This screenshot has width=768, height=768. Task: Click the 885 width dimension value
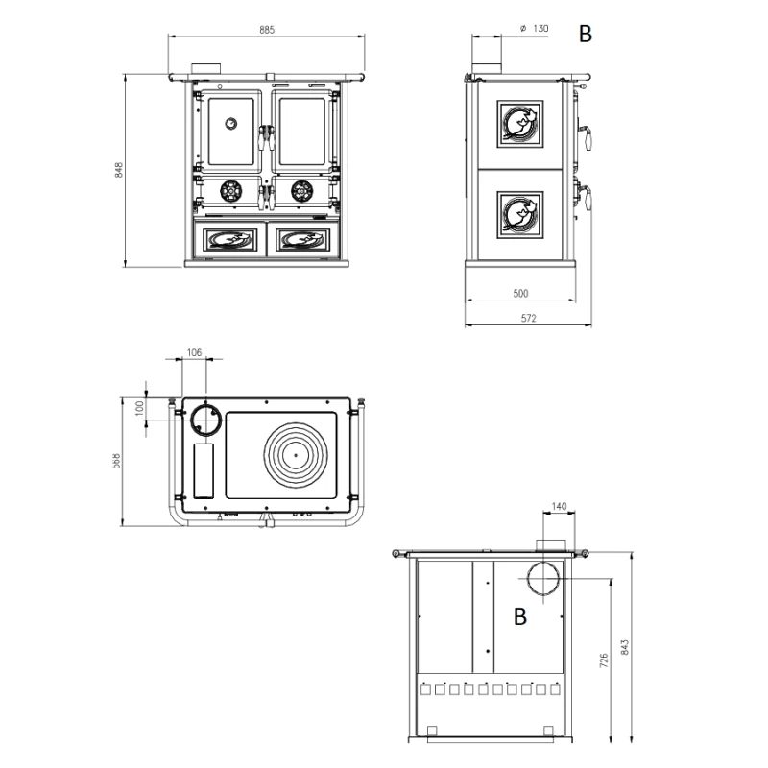click(x=267, y=30)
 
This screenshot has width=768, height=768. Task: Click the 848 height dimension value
click(x=119, y=170)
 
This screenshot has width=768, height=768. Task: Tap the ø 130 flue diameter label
click(x=534, y=30)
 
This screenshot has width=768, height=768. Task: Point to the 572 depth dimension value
click(x=528, y=319)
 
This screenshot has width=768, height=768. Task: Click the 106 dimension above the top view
click(x=193, y=353)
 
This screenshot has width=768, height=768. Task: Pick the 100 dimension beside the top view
click(x=139, y=407)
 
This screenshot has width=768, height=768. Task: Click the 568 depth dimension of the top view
click(x=116, y=461)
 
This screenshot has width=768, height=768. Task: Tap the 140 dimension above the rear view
click(x=561, y=505)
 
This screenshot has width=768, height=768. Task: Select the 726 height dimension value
click(x=603, y=660)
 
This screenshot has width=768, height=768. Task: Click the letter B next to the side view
click(x=585, y=35)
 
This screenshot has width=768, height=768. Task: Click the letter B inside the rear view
click(x=519, y=617)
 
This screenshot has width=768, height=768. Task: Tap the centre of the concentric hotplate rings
click(x=296, y=454)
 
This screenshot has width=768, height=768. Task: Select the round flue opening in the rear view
click(x=544, y=580)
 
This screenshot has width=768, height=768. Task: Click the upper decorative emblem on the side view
click(x=519, y=123)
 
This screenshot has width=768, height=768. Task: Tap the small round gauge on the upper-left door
click(x=230, y=122)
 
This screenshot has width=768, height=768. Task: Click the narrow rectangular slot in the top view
click(x=204, y=470)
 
